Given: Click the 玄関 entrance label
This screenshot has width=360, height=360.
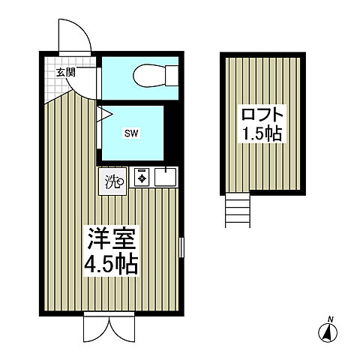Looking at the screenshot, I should [x=65, y=73].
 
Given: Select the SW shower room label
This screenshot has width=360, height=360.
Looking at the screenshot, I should [x=131, y=134].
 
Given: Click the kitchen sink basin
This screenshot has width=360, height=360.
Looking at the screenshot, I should [x=166, y=178].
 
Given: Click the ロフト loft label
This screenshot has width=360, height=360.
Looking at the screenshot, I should [x=263, y=116].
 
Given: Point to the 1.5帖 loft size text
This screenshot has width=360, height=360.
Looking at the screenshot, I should [x=263, y=135].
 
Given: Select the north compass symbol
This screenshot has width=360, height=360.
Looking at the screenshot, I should [x=328, y=330].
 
